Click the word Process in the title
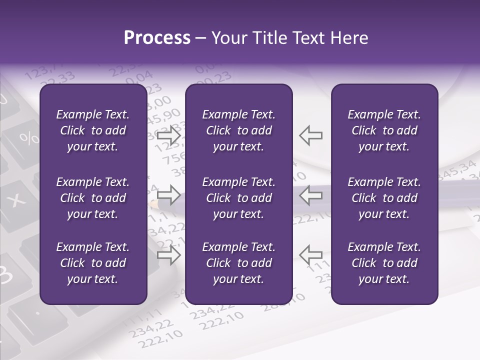157,38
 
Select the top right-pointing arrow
169,135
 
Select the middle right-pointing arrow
169,194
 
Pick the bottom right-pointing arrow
169,255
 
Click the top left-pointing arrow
310,135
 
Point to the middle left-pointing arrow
310,194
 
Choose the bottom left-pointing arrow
310,255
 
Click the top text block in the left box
93,130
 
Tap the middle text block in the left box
93,198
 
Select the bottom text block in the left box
93,263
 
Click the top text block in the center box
238,130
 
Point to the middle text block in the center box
238,198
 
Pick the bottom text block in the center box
238,263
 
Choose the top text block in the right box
384,130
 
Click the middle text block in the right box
384,198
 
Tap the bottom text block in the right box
384,263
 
